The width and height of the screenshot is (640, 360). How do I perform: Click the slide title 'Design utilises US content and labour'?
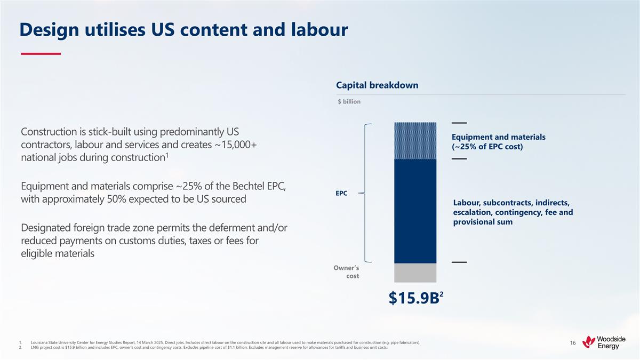pyautogui.click(x=183, y=30)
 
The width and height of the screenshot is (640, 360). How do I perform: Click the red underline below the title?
pyautogui.click(x=41, y=54)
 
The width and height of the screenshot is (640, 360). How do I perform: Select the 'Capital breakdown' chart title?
pyautogui.click(x=377, y=85)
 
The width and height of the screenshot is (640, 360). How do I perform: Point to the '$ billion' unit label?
pyautogui.click(x=349, y=101)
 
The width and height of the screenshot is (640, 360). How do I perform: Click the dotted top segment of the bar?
pyautogui.click(x=415, y=141)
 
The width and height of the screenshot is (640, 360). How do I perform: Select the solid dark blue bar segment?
pyautogui.click(x=415, y=211)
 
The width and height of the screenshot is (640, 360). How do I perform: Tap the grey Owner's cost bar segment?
pyautogui.click(x=415, y=273)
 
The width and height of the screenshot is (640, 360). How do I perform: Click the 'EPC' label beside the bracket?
pyautogui.click(x=341, y=193)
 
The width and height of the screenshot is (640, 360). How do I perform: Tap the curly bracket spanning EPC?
pyautogui.click(x=365, y=193)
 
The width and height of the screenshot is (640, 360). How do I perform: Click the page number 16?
pyautogui.click(x=572, y=342)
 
